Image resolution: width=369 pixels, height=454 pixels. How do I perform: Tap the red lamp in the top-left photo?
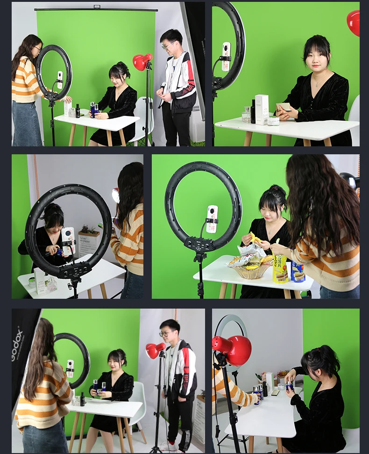click(142, 62)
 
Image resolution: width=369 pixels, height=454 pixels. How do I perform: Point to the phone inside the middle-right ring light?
click(212, 219)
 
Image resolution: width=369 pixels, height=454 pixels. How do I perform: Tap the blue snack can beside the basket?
click(298, 272)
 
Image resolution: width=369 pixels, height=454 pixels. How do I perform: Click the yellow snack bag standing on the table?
click(280, 268)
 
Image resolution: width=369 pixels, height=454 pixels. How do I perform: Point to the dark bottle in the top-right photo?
click(253, 112)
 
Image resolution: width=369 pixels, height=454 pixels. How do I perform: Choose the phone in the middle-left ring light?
click(68, 241)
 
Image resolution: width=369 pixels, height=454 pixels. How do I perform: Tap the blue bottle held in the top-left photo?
click(92, 109)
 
